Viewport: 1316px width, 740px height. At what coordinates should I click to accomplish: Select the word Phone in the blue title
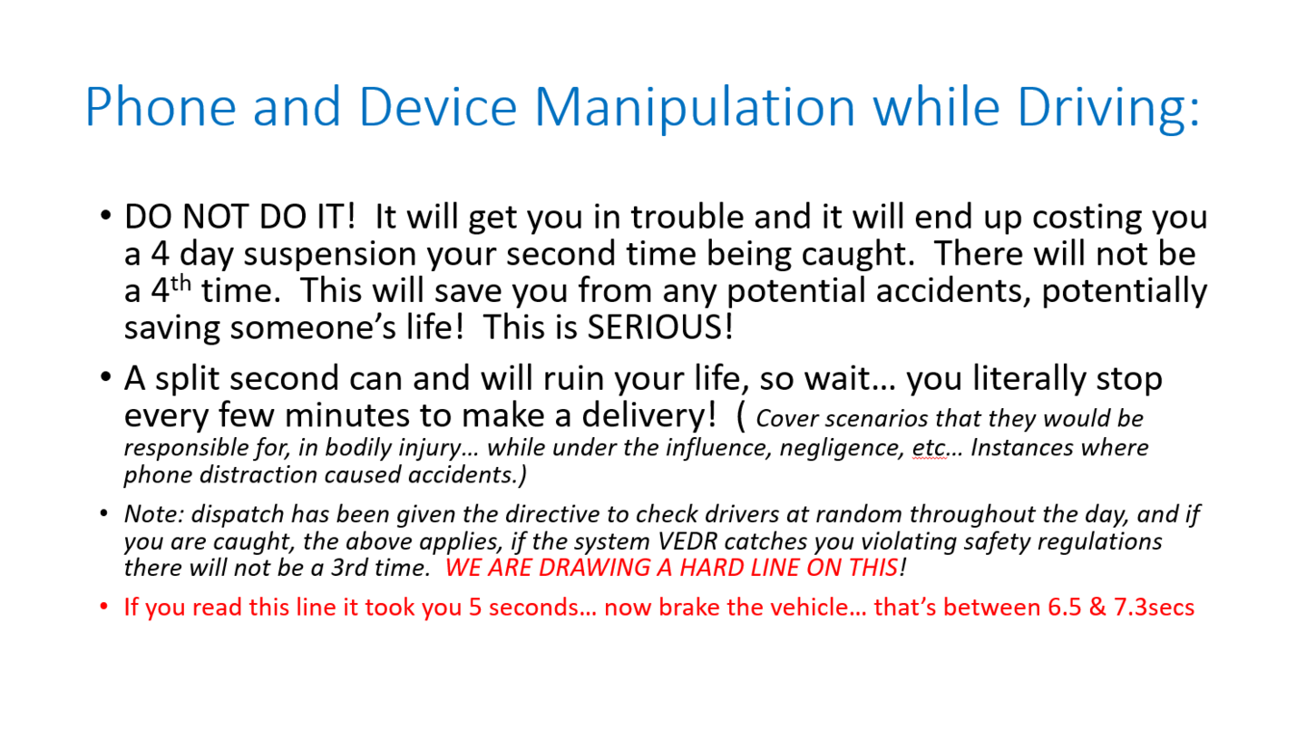coord(161,106)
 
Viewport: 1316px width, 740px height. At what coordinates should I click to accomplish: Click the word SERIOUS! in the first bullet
coord(660,326)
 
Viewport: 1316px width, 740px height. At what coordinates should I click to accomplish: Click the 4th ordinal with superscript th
coord(171,288)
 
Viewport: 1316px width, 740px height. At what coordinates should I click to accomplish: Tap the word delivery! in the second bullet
coord(649,416)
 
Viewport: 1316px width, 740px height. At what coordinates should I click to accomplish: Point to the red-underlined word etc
coord(930,448)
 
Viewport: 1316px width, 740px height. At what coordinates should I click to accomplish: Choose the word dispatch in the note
coord(238,515)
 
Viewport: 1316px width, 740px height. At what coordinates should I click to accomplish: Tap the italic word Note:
coord(154,514)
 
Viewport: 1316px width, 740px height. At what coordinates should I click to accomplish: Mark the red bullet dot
coord(104,607)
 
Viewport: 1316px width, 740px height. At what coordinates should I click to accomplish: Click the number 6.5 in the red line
coord(1065,608)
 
